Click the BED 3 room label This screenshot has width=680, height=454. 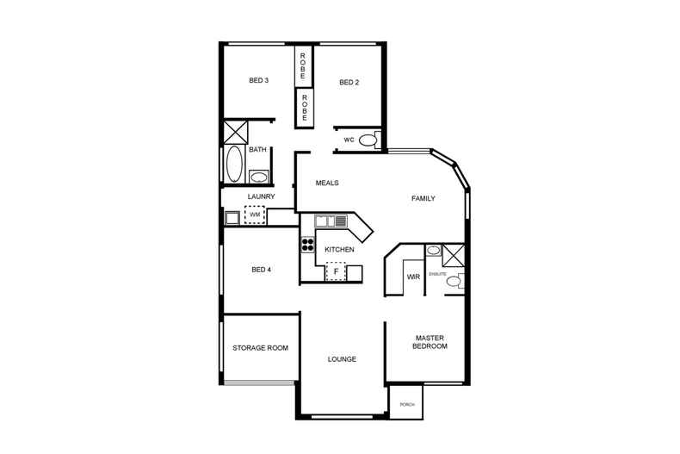pos(259,82)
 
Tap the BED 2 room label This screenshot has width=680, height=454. pos(349,83)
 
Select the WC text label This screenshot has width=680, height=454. pos(349,140)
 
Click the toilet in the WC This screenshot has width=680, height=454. pos(368,140)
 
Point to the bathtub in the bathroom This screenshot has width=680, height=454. pos(234,164)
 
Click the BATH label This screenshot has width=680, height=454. pos(257,150)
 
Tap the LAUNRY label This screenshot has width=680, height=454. pos(261,196)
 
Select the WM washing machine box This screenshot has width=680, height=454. pos(255,215)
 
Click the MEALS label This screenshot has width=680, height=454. pos(327,183)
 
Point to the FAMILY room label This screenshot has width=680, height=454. pos(423,199)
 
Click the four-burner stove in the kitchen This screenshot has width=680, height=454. pos(307,244)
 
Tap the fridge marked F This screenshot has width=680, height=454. pos(336,272)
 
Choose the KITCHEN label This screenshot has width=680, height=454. pos(339,250)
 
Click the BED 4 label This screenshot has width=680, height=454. pos(262,270)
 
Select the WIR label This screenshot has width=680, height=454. pos(412,277)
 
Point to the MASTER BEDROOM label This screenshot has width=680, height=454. pos(430,342)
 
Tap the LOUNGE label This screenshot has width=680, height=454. pos(342,359)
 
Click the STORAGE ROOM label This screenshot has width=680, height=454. pos(260,348)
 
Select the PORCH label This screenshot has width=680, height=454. pos(408,405)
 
